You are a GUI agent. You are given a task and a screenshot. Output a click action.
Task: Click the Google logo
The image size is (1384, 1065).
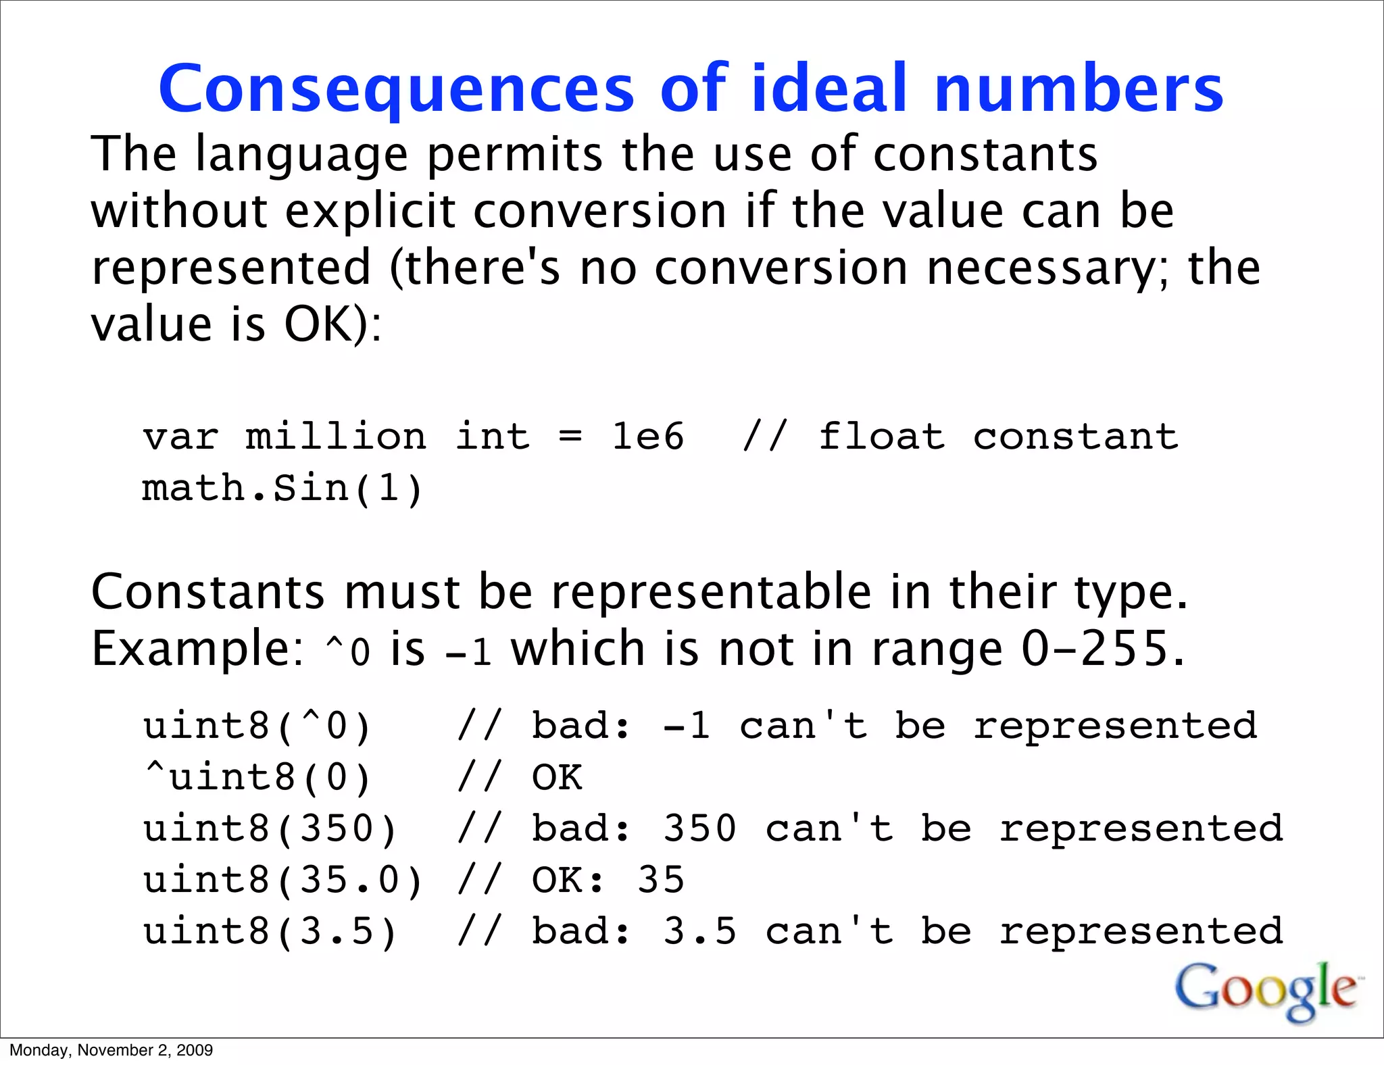[1266, 991]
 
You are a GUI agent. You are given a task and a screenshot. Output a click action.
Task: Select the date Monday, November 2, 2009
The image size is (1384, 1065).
[111, 1050]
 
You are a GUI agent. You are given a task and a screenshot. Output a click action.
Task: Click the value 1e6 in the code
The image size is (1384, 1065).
[647, 437]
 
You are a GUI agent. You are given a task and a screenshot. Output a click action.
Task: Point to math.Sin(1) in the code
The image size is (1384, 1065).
[282, 488]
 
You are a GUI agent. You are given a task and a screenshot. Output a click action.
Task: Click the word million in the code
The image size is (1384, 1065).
[336, 437]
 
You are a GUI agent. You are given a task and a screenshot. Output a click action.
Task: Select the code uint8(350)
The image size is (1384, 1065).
[270, 828]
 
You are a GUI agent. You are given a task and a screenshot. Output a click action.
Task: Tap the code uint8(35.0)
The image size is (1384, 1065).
[282, 880]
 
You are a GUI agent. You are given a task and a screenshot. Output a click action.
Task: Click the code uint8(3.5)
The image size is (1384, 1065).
[270, 931]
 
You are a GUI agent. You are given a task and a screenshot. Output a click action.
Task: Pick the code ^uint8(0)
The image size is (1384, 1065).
[257, 777]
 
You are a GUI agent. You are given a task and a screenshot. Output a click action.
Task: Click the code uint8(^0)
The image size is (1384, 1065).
[257, 726]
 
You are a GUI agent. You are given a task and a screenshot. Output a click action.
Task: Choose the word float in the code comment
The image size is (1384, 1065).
[881, 437]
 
